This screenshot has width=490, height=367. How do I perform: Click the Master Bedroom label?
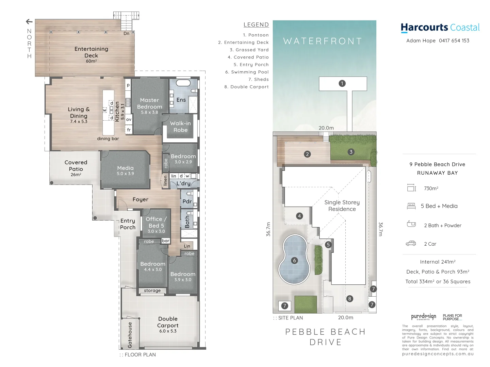149,103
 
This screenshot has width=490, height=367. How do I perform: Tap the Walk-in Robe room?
180,127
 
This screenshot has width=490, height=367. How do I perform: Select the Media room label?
125,168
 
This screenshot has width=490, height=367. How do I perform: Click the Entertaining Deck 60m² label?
91,55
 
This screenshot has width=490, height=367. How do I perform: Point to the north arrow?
29,22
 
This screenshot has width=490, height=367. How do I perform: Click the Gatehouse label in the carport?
130,335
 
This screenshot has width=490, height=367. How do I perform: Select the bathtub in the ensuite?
183,83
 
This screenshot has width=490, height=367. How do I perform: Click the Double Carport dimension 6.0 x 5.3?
168,331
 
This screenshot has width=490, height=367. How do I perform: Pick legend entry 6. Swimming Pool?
247,72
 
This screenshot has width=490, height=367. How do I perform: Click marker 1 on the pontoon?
342,83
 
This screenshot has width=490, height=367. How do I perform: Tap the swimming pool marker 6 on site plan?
295,261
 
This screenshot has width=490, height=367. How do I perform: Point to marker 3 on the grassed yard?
351,152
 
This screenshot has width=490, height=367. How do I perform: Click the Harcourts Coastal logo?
440,28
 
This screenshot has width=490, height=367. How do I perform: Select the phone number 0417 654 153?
454,41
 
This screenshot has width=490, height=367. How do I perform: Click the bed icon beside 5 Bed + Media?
411,206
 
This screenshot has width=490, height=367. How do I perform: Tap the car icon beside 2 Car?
411,244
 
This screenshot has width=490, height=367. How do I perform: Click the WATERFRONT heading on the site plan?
323,41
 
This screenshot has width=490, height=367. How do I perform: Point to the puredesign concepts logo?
423,317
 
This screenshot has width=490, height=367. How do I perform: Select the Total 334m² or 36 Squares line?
438,282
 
